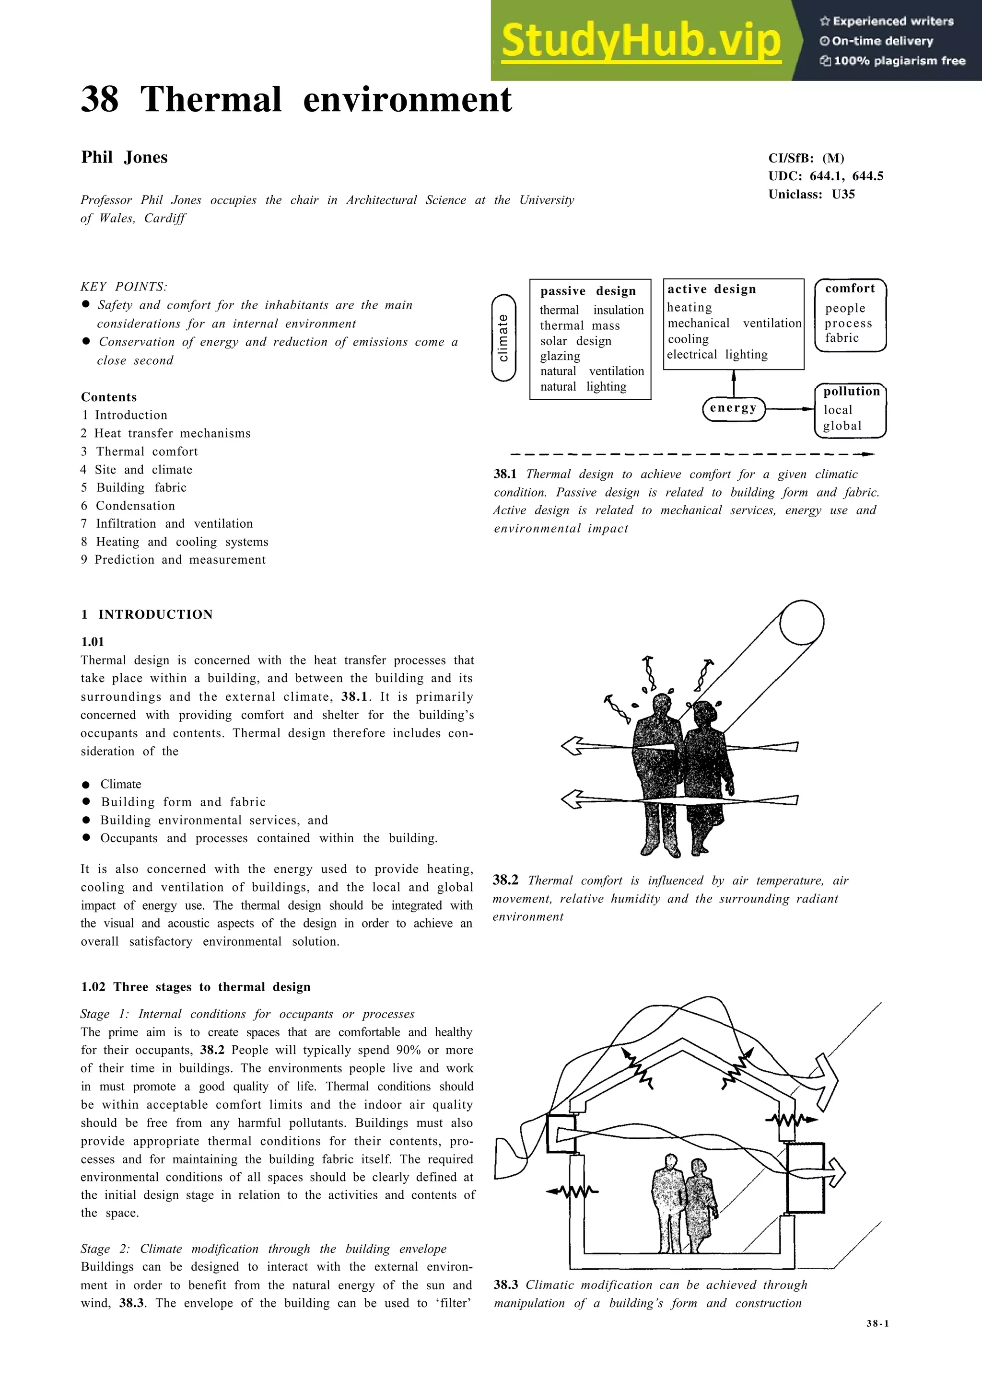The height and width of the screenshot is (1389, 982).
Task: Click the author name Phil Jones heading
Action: [x=124, y=157]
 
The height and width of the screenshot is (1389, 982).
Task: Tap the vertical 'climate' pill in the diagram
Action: [x=503, y=337]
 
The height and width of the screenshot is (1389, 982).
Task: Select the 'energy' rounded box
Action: [x=733, y=408]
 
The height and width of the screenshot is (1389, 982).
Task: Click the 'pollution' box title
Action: [x=851, y=392]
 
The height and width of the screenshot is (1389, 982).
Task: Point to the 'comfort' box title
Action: [x=850, y=289]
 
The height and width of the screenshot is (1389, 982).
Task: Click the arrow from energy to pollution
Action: [x=790, y=409]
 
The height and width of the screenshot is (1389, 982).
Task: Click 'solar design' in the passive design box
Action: [x=575, y=341]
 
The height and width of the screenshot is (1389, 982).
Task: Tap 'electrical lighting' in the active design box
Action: [x=717, y=355]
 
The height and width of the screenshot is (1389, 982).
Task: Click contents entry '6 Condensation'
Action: [x=129, y=506]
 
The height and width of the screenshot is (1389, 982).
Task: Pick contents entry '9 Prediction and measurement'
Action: [x=174, y=560]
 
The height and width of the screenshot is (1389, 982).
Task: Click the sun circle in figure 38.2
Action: [x=802, y=623]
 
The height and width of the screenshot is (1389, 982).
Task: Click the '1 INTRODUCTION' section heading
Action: [x=147, y=614]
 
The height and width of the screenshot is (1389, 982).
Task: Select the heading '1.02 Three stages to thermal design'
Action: [x=196, y=987]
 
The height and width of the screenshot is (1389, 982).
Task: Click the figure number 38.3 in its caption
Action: [x=506, y=1285]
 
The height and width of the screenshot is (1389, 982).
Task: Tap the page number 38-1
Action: [x=877, y=1323]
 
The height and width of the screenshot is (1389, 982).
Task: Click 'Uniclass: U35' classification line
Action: [x=811, y=194]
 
